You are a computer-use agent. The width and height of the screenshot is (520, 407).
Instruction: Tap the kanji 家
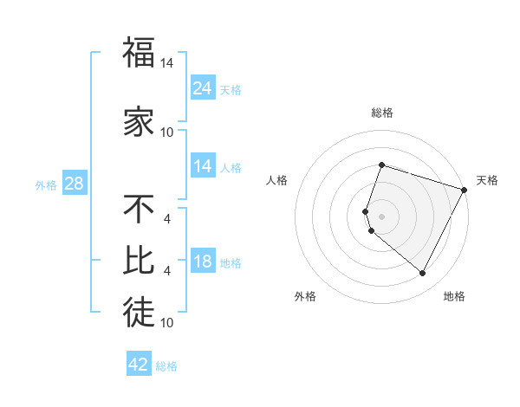point(138,122)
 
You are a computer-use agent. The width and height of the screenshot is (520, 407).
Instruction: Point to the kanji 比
point(138,260)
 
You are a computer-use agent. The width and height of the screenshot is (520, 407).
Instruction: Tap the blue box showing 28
point(75,184)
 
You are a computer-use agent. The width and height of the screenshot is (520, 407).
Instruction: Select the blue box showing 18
point(202,262)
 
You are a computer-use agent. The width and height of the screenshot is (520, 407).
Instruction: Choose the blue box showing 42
point(138,365)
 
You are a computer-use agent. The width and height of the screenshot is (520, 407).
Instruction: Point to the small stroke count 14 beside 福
point(167,64)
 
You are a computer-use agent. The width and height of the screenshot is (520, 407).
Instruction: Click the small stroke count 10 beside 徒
point(167,323)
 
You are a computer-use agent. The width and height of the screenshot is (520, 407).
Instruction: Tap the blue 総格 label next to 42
point(166,366)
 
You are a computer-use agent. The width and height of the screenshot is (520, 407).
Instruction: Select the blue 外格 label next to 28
point(45,184)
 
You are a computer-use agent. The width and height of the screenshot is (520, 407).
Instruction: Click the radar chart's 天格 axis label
point(487,180)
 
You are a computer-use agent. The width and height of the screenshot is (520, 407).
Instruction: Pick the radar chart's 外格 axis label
point(305,296)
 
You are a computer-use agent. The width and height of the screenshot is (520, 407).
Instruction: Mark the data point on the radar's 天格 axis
point(465,190)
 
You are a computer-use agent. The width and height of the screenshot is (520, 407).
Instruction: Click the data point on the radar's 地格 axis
point(423,274)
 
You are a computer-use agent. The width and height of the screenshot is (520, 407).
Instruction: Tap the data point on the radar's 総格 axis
point(381,165)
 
